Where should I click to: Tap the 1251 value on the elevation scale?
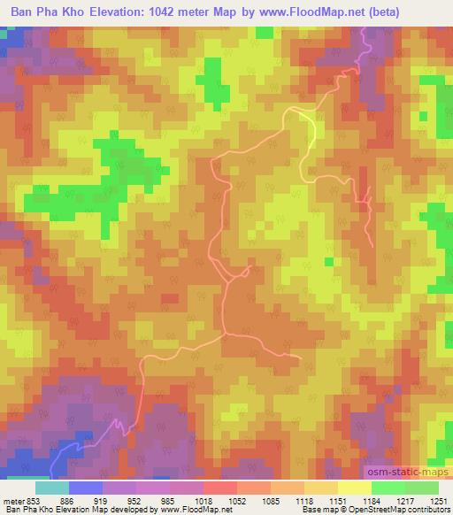(x=439, y=499)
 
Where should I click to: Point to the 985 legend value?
(x=168, y=499)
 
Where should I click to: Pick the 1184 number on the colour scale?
(x=372, y=499)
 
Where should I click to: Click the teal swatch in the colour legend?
(x=51, y=488)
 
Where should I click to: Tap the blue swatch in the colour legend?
(x=85, y=488)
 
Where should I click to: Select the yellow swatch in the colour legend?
(x=354, y=488)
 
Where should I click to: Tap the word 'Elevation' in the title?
(x=112, y=13)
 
